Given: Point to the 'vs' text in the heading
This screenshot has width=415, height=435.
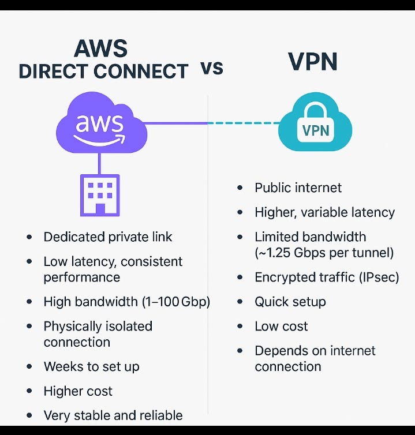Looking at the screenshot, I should click(212, 69).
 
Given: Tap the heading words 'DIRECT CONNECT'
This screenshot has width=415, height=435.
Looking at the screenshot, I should click(104, 72).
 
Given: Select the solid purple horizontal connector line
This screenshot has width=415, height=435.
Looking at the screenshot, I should click(176, 123).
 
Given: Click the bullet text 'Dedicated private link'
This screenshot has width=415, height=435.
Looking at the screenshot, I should click(108, 237).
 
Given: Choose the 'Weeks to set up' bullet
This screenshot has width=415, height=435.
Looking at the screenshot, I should click(91, 366).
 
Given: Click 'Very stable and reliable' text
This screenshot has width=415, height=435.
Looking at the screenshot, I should click(113, 415).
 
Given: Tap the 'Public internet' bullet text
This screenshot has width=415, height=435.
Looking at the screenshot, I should click(298, 188).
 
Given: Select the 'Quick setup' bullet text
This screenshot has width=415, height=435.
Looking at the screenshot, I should click(290, 302).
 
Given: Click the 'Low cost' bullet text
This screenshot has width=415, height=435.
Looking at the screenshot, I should click(281, 327).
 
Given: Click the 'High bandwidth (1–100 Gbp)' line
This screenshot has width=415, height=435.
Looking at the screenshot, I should click(126, 302).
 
